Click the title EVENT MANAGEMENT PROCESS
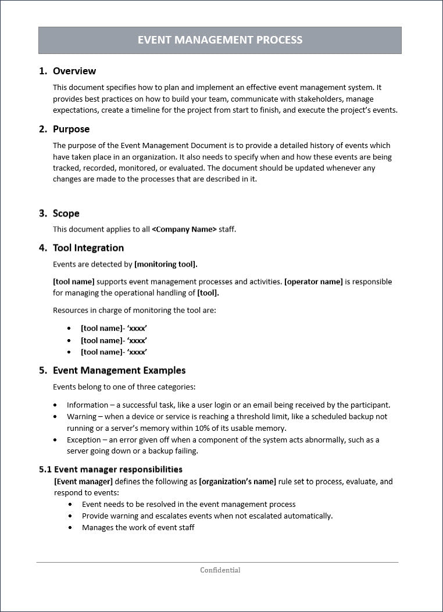pyautogui.click(x=220, y=40)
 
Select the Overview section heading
pyautogui.click(x=74, y=71)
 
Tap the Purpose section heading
pyautogui.click(x=71, y=129)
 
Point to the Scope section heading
pyautogui.click(x=66, y=213)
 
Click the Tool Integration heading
pyautogui.click(x=88, y=248)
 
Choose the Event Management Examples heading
pyautogui.click(x=119, y=370)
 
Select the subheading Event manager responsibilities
pyautogui.click(x=118, y=469)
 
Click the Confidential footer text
pyautogui.click(x=220, y=570)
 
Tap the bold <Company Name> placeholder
pyautogui.click(x=184, y=229)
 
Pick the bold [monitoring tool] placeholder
pyautogui.click(x=166, y=264)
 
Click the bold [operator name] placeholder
pyautogui.click(x=313, y=282)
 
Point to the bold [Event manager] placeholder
pyautogui.click(x=83, y=481)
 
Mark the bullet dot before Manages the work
pyautogui.click(x=70, y=528)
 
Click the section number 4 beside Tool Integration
pyautogui.click(x=42, y=248)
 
